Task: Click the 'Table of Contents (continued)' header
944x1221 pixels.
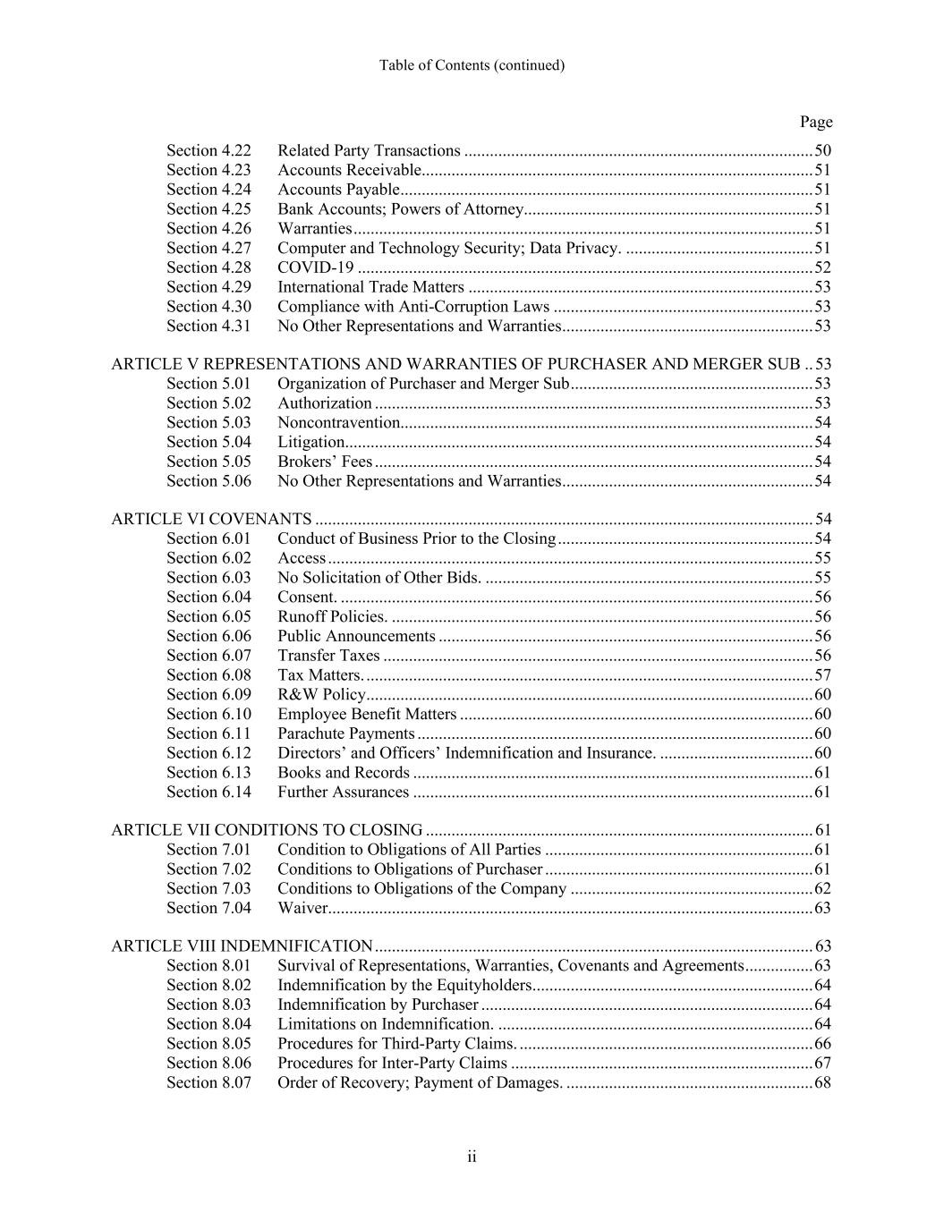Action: tap(472, 65)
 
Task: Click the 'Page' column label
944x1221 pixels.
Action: tap(815, 122)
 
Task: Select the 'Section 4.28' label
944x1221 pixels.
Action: tap(208, 267)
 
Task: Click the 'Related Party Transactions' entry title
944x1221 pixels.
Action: tap(369, 150)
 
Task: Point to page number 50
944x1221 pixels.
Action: tap(822, 150)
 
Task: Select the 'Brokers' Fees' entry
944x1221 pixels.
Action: tap(325, 462)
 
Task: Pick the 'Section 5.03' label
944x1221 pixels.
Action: tap(208, 422)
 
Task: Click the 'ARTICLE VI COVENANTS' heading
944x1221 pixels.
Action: tap(211, 519)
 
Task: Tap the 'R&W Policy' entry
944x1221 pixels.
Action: tap(321, 694)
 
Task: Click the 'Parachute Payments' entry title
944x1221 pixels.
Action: tap(345, 733)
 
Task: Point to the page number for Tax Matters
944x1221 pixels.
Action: tap(822, 674)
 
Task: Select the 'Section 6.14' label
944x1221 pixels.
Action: tap(208, 792)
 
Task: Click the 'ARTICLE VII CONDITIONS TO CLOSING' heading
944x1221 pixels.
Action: tap(267, 830)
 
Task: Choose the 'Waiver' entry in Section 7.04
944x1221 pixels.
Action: tap(302, 908)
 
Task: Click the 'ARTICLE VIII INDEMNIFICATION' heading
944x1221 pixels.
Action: tap(242, 946)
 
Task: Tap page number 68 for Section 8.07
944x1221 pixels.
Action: tap(822, 1082)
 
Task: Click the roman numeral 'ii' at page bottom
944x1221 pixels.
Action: tap(472, 1157)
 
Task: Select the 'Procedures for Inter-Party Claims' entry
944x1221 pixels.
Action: tap(392, 1063)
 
